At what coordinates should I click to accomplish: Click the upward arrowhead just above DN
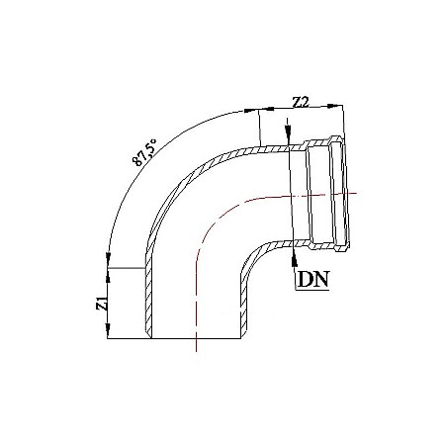tap(296, 251)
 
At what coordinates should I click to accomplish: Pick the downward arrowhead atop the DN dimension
tap(287, 135)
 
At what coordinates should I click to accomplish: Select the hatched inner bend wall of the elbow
tap(255, 255)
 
